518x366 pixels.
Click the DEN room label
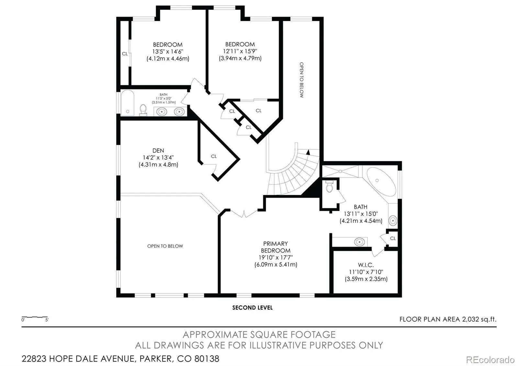(x=158, y=151)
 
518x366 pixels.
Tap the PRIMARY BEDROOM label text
(x=276, y=247)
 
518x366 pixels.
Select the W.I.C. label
(x=366, y=265)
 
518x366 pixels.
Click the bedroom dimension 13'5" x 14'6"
(x=168, y=51)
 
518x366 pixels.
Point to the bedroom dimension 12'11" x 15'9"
(x=240, y=51)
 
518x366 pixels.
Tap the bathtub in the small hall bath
(x=128, y=103)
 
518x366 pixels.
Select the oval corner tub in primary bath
(x=381, y=182)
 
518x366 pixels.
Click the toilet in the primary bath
(x=329, y=187)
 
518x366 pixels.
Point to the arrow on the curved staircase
(x=308, y=152)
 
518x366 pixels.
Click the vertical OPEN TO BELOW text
(x=301, y=80)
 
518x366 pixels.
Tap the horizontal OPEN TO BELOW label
(x=165, y=246)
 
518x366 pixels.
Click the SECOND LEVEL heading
(x=252, y=308)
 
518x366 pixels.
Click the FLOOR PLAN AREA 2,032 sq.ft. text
(x=448, y=319)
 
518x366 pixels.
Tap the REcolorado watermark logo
(x=490, y=360)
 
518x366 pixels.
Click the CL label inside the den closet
(x=214, y=156)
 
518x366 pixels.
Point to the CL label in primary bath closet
(x=393, y=238)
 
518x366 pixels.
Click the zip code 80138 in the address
(x=207, y=359)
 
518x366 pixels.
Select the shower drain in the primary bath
(x=340, y=171)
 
